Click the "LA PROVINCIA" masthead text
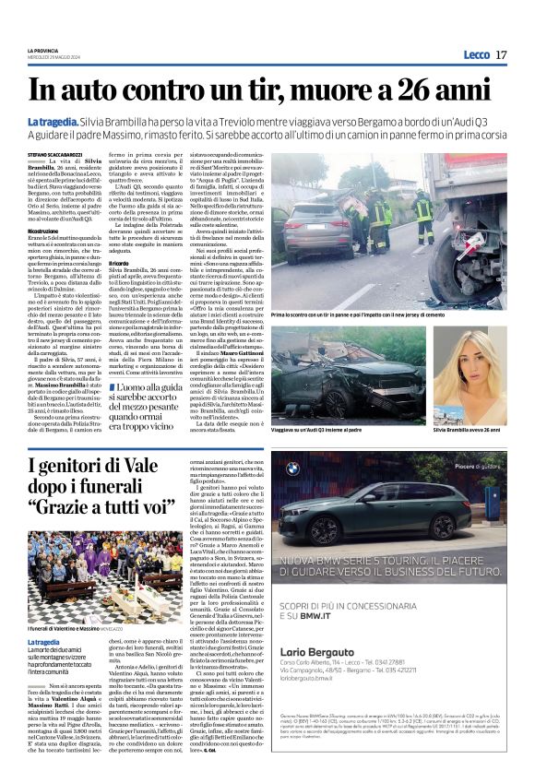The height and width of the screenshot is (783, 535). [42, 50]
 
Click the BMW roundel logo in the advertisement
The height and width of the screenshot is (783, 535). [293, 469]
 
